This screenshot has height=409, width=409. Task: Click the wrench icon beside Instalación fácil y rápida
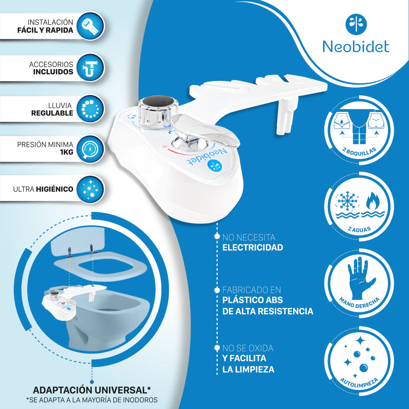pyautogui.click(x=90, y=26)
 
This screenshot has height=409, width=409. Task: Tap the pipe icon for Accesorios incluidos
pyautogui.click(x=90, y=68)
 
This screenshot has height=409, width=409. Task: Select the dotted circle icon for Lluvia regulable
pyautogui.click(x=90, y=109)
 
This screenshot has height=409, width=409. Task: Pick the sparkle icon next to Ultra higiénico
pyautogui.click(x=90, y=189)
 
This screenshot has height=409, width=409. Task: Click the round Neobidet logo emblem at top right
pyautogui.click(x=356, y=24)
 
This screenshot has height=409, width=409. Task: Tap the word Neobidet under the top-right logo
pyautogui.click(x=356, y=47)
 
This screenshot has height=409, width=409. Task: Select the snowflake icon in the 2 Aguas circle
pyautogui.click(x=347, y=202)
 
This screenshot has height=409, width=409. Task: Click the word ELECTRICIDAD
pyautogui.click(x=252, y=247)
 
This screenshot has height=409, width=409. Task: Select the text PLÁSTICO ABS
pyautogui.click(x=252, y=300)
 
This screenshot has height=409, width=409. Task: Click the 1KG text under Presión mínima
pyautogui.click(x=67, y=152)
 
